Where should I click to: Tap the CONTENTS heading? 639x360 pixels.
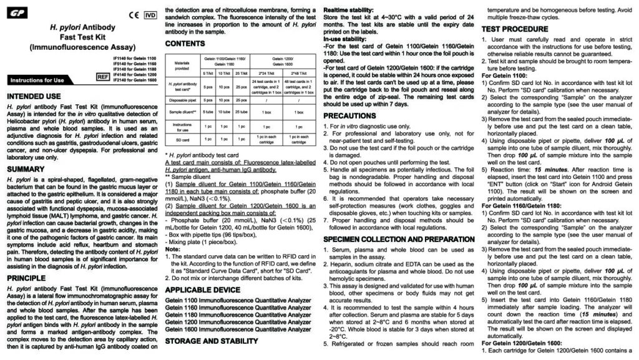click(185, 43)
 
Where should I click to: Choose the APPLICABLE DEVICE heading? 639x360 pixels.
click(202, 290)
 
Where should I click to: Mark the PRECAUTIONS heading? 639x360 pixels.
click(349, 116)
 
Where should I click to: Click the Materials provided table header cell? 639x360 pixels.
click(181, 64)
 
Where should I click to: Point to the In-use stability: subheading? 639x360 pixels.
click(346, 39)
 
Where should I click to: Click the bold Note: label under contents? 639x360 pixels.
click(172, 249)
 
